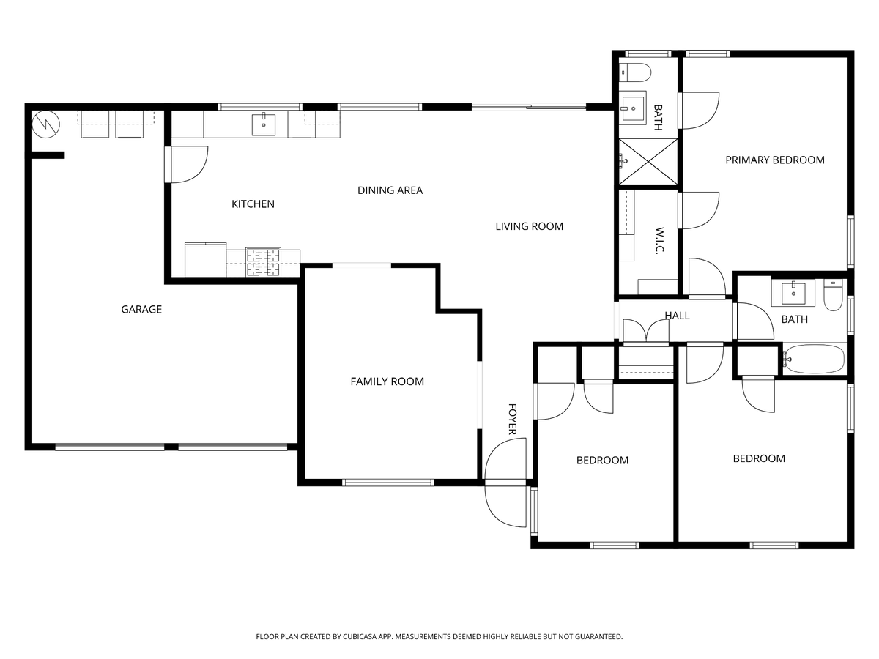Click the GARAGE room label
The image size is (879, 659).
click(x=141, y=310)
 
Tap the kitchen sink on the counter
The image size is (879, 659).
click(x=264, y=125)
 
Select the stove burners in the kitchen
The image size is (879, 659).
click(x=264, y=263)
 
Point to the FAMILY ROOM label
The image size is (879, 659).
click(x=387, y=381)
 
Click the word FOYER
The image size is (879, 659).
click(x=513, y=419)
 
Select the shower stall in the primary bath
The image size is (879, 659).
click(x=648, y=161)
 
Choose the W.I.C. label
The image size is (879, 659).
click(x=659, y=240)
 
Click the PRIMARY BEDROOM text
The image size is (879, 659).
click(x=774, y=160)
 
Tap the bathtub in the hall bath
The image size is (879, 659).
click(x=813, y=360)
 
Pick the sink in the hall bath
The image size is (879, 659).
click(x=793, y=292)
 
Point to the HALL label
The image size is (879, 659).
click(x=677, y=316)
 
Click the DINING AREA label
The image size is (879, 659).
click(x=390, y=190)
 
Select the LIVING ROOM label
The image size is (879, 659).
click(x=529, y=226)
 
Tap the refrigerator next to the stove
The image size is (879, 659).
click(x=205, y=261)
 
